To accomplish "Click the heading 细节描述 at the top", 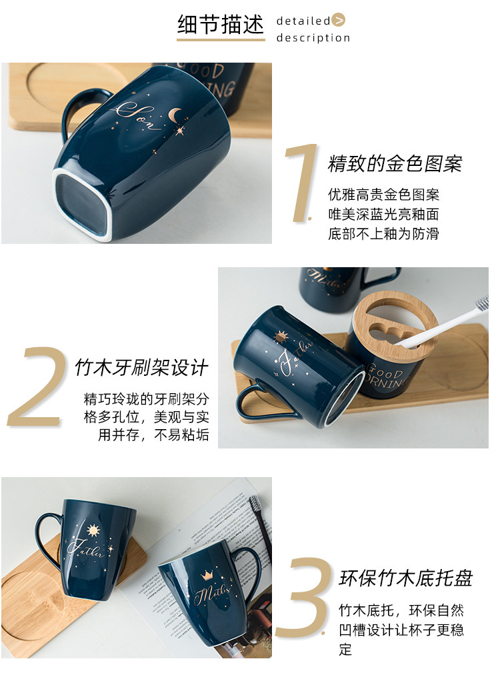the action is click(x=221, y=24).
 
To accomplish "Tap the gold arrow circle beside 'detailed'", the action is click(x=339, y=20).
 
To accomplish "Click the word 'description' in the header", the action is click(x=313, y=38).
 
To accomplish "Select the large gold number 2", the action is click(x=36, y=386).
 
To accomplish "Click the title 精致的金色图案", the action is click(x=395, y=164).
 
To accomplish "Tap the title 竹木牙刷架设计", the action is click(x=142, y=368).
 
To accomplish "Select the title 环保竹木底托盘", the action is click(x=405, y=578).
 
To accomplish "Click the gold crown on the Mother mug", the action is click(x=207, y=576).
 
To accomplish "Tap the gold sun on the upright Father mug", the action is click(x=93, y=530).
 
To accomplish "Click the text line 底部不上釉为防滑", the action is click(x=383, y=234).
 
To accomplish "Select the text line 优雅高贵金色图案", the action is click(x=383, y=195).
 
